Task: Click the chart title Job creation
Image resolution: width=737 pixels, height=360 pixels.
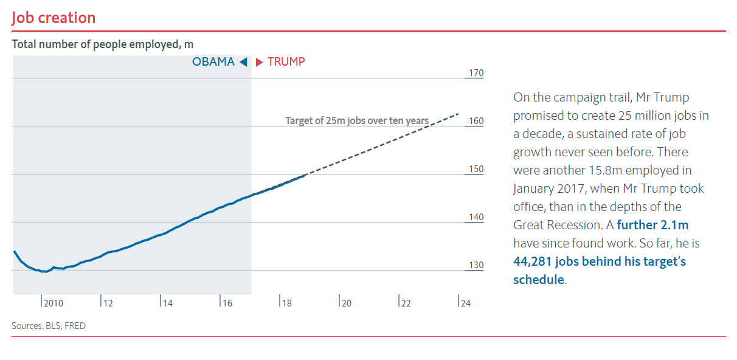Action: (54, 18)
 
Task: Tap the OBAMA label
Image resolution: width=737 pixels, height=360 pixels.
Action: (213, 61)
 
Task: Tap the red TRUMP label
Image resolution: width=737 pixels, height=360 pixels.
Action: (286, 61)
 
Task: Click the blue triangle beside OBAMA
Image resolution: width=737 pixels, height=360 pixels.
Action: (243, 61)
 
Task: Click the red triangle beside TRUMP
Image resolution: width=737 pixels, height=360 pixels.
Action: (259, 61)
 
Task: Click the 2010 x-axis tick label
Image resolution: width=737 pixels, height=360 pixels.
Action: (53, 303)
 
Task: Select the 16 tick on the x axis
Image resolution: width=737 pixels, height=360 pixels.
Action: (226, 303)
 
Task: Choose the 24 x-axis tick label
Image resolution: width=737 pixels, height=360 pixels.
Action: (464, 303)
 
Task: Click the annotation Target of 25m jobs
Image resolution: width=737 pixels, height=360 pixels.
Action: (357, 120)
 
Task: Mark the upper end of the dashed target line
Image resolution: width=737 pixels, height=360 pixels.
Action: (458, 114)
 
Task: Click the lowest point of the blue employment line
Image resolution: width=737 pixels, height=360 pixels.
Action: (44, 272)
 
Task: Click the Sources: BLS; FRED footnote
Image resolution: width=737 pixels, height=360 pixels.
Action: (49, 326)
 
